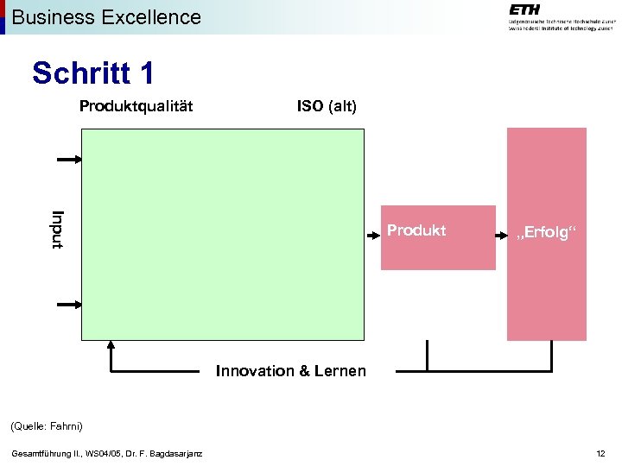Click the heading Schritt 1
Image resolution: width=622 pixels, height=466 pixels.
93,73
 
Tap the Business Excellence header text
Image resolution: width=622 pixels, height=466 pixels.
106,16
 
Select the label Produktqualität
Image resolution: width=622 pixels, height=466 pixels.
136,106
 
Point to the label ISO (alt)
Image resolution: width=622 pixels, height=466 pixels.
327,106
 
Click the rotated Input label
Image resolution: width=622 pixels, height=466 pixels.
58,230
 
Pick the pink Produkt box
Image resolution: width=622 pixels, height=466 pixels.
438,237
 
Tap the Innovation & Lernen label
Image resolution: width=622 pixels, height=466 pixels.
290,371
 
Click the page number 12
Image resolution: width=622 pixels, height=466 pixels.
600,454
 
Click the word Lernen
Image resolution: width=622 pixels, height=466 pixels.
340,371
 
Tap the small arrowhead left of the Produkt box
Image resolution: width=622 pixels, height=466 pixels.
377,230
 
